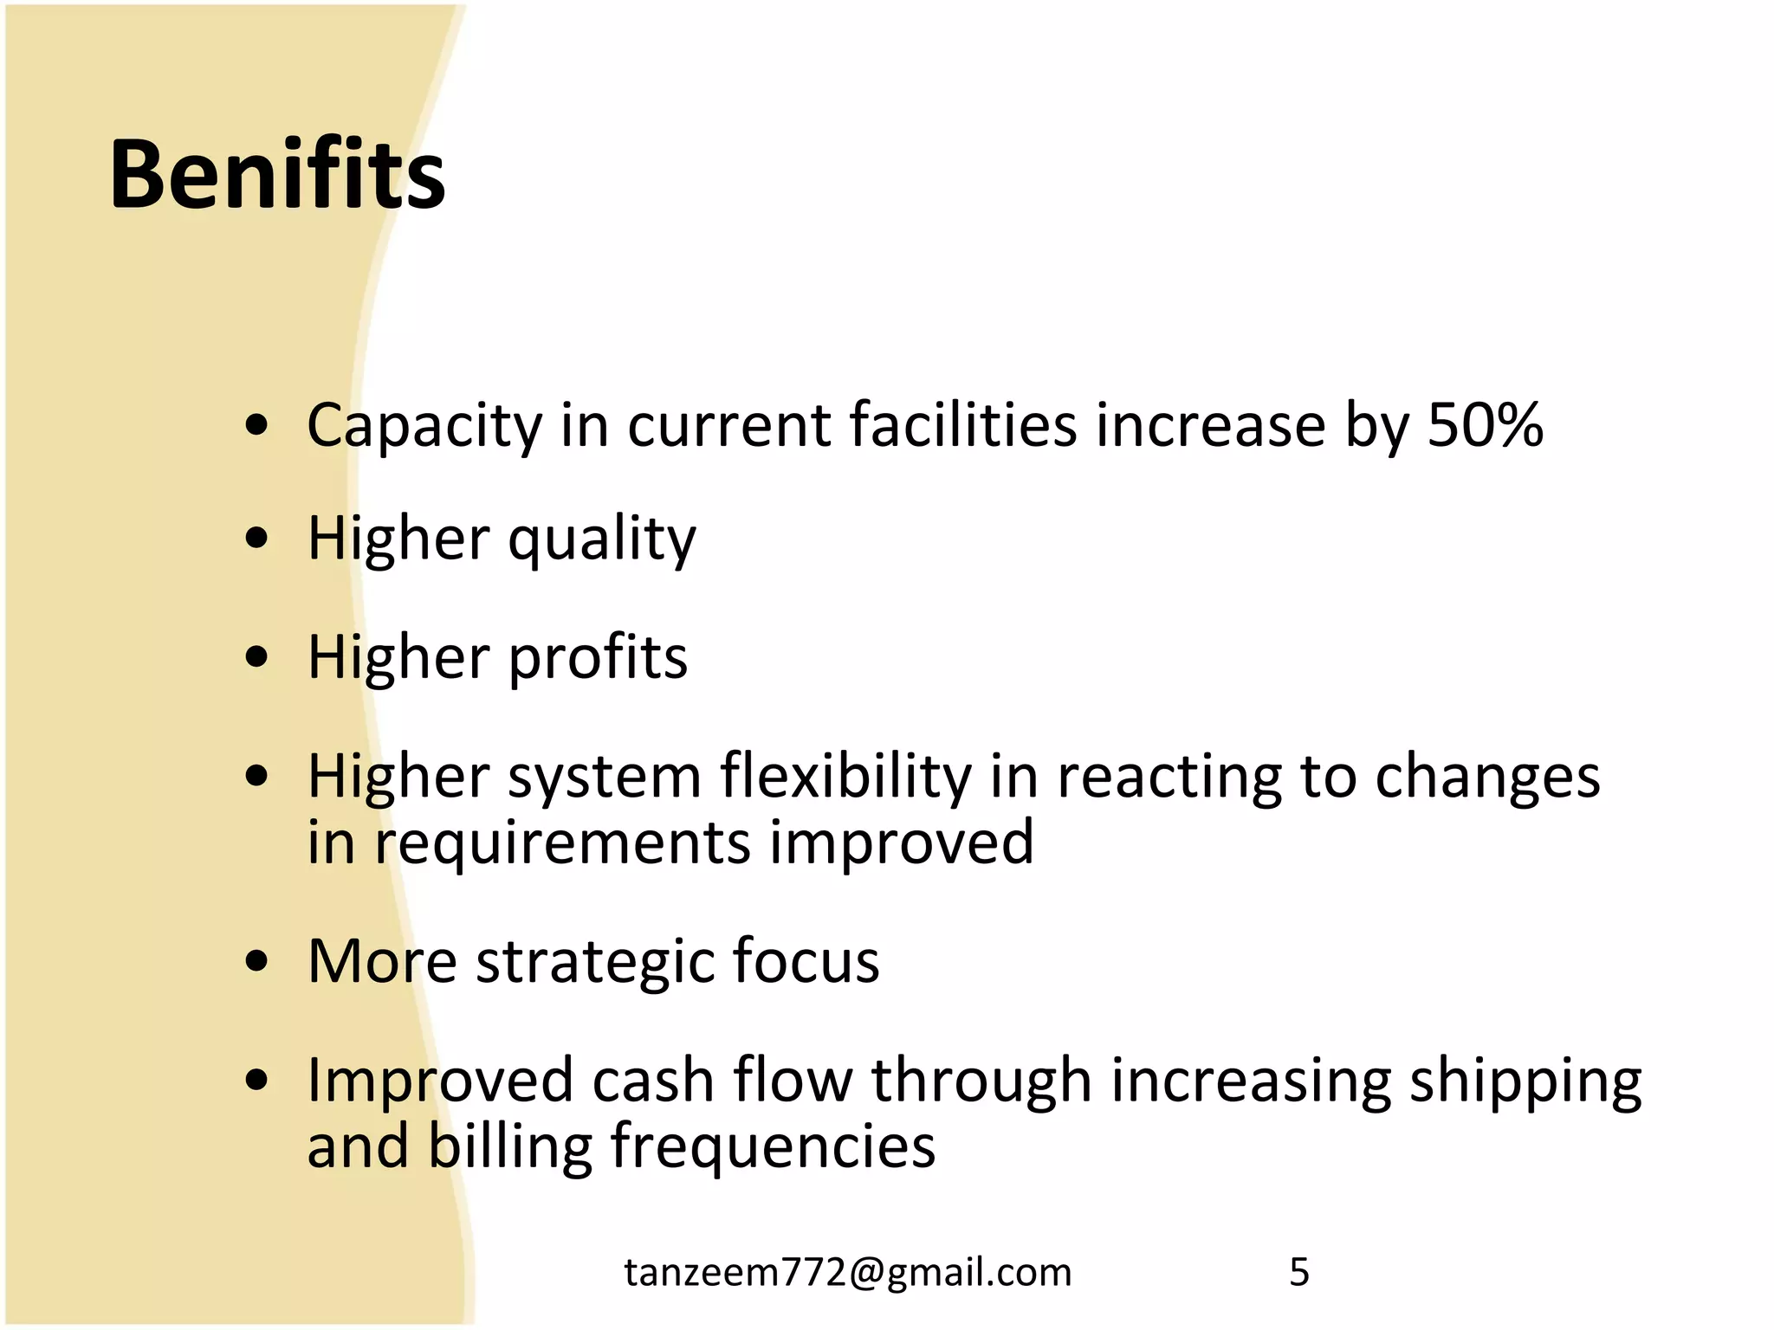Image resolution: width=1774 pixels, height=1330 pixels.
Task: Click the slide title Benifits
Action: pyautogui.click(x=277, y=175)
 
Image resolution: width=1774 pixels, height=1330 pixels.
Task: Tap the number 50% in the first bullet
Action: pyautogui.click(x=1485, y=426)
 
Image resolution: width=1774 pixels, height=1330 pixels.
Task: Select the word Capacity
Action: pyautogui.click(x=424, y=426)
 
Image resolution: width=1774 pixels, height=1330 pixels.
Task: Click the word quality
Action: pyautogui.click(x=601, y=540)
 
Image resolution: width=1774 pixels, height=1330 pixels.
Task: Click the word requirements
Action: pyautogui.click(x=562, y=843)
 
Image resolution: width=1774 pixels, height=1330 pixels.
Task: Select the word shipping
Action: pyautogui.click(x=1525, y=1082)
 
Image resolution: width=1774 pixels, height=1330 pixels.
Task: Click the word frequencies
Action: pyautogui.click(x=773, y=1147)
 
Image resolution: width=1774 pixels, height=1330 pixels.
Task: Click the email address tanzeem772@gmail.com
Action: pyautogui.click(x=848, y=1272)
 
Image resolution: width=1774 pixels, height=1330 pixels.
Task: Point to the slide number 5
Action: pyautogui.click(x=1298, y=1272)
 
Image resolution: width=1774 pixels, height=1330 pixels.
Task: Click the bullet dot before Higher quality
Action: pyautogui.click(x=256, y=540)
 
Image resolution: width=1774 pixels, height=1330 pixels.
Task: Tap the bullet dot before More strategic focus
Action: pyautogui.click(x=256, y=961)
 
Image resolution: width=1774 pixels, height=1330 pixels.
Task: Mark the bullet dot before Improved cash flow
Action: pyautogui.click(x=256, y=1080)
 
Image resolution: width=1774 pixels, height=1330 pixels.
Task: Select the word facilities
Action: pyautogui.click(x=962, y=426)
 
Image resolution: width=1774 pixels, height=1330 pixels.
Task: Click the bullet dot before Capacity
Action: pyautogui.click(x=256, y=425)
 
